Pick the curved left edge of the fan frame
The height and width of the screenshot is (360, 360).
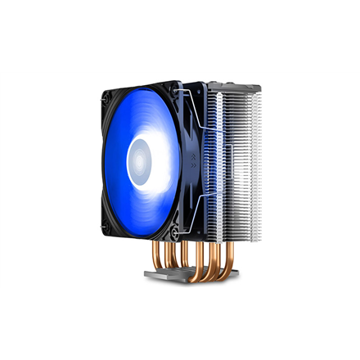[x=100, y=155]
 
